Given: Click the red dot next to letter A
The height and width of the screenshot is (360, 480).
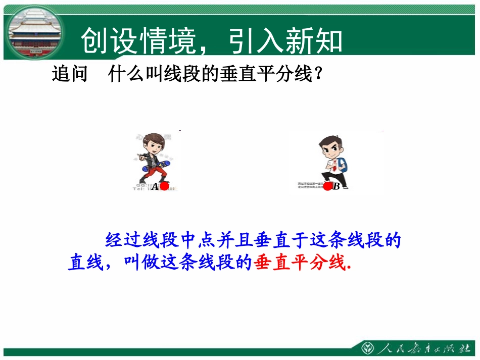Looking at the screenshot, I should click(164, 186).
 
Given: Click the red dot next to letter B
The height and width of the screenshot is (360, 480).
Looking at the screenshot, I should click(327, 186).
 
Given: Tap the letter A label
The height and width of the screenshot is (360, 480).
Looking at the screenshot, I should click(155, 187).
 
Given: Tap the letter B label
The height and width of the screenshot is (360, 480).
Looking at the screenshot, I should click(337, 187).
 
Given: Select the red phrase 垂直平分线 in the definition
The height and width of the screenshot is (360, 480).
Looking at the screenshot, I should click(299, 263).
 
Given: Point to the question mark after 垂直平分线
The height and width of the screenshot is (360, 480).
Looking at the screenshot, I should click(318, 75).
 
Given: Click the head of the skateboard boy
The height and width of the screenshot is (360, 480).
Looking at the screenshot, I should click(153, 143).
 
